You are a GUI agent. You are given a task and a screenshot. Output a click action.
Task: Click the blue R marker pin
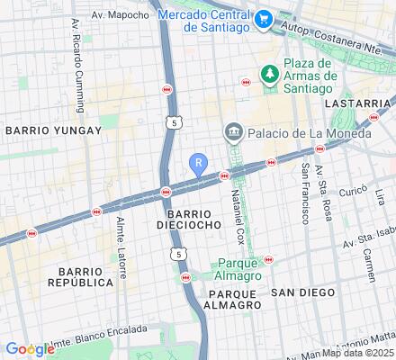tap(199, 164)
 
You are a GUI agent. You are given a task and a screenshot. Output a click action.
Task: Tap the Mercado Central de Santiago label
tap(203, 21)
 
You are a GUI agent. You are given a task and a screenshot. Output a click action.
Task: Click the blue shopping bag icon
tap(264, 18)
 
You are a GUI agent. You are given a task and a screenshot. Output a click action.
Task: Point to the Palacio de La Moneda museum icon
tap(233, 133)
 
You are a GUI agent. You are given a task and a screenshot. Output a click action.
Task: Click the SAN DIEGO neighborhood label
tap(303, 293)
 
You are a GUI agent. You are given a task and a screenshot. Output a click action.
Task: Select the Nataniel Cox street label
tap(238, 220)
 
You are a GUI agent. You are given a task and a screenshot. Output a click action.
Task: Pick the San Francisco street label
tap(305, 193)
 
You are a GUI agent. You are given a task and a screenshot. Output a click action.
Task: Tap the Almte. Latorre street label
tap(121, 246)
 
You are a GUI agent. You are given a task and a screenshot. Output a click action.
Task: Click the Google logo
tap(29, 349)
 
